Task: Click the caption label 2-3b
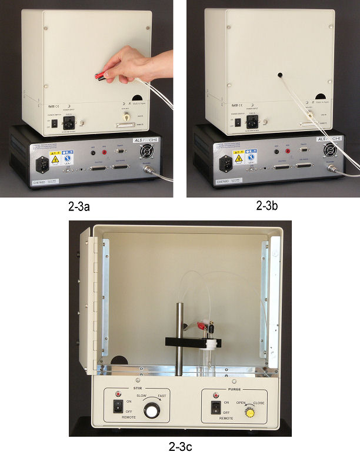[x=271, y=206]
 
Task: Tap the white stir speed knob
[x=152, y=411]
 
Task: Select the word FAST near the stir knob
[x=162, y=397]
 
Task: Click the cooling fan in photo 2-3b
[x=331, y=151]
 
